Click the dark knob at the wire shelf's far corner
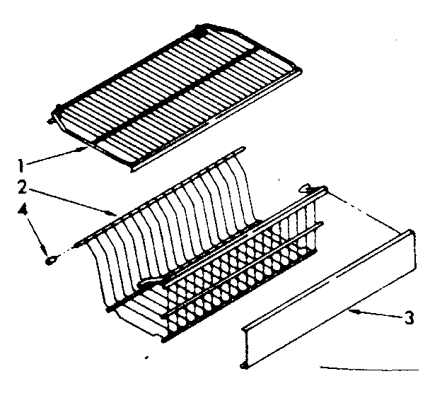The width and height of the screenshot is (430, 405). tap(204, 32)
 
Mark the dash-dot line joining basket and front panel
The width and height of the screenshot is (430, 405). tap(368, 212)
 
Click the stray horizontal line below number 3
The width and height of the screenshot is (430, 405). tap(368, 368)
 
